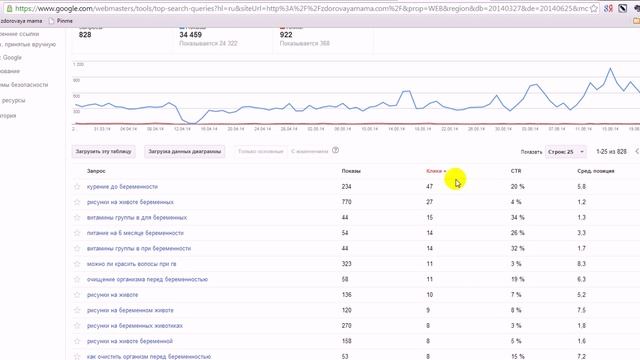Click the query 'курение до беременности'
[x=124, y=187]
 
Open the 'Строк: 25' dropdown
[x=565, y=152]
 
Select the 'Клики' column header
[x=434, y=171]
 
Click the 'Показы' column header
[x=351, y=171]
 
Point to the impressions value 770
[x=347, y=202]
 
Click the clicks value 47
[x=429, y=187]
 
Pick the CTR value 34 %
[x=517, y=217]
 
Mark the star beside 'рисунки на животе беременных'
[x=76, y=202]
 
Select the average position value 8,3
[x=582, y=263]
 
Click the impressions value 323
[x=347, y=263]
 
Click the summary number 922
[x=292, y=35]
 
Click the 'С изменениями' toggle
[x=310, y=152]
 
